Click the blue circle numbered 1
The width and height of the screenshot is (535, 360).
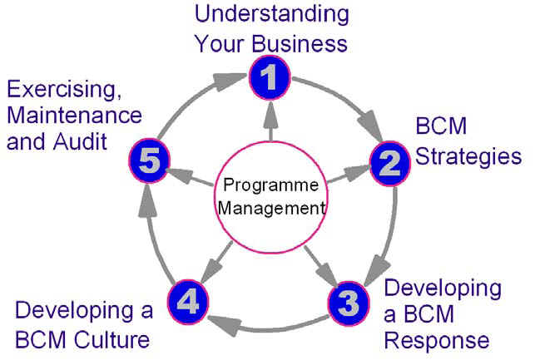coord(270,77)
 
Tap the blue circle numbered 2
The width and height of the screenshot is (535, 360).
coord(390,163)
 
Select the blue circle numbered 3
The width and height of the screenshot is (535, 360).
coord(349,303)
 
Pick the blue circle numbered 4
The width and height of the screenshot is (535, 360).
coord(188,302)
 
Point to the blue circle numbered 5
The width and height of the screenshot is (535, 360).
coord(150,160)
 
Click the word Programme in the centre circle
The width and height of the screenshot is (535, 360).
coord(271,185)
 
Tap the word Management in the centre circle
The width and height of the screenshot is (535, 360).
coord(271,208)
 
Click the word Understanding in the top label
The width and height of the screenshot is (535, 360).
coord(272,14)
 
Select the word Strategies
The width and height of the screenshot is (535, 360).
coord(468,157)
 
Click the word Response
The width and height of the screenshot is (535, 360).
coord(437,341)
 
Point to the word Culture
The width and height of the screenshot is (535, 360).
coord(112,340)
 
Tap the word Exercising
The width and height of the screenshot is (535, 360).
coord(65,90)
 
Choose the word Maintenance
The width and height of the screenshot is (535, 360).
coord(74,116)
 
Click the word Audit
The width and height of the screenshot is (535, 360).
coord(81,141)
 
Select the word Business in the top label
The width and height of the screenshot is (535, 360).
coord(300,43)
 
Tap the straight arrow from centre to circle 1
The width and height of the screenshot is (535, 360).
coord(271,121)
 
